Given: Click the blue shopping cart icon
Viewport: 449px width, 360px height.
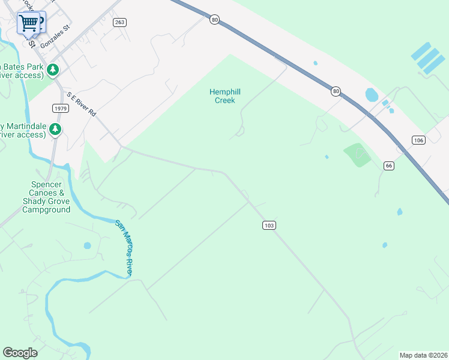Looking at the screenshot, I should pyautogui.click(x=29, y=23).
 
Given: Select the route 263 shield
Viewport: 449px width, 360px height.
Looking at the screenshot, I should pyautogui.click(x=119, y=22).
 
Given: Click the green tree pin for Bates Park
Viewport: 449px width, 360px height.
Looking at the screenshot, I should pyautogui.click(x=53, y=70).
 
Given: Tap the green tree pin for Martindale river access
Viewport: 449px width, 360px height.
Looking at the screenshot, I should pyautogui.click(x=55, y=129).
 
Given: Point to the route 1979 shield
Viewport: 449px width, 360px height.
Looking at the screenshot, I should pyautogui.click(x=60, y=108).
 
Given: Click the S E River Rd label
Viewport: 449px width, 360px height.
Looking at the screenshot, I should pyautogui.click(x=82, y=104).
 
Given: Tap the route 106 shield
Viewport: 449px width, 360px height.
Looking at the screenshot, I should pyautogui.click(x=419, y=140).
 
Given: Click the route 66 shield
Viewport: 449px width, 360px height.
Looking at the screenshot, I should pyautogui.click(x=389, y=166).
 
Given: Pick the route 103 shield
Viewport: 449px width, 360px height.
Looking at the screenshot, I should pyautogui.click(x=269, y=225).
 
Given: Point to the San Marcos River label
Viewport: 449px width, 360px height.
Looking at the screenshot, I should pyautogui.click(x=124, y=248).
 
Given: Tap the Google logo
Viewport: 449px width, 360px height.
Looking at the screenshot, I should pyautogui.click(x=20, y=353).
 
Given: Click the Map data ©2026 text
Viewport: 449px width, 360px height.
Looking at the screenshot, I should pyautogui.click(x=423, y=355).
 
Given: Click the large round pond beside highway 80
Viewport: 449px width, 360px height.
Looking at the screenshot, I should pyautogui.click(x=372, y=95).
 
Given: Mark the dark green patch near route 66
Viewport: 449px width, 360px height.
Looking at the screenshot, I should pyautogui.click(x=358, y=154).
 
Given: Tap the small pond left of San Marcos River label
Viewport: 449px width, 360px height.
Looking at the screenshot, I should pyautogui.click(x=88, y=245).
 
